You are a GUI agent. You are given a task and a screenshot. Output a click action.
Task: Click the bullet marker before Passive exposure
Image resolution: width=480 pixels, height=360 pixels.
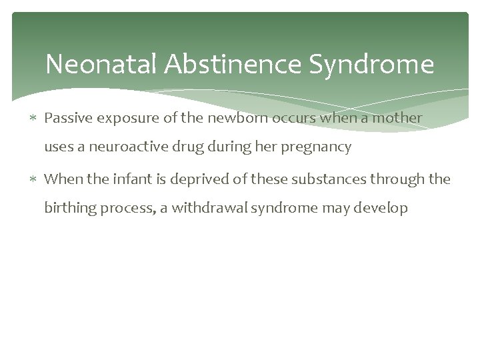[x=35, y=118]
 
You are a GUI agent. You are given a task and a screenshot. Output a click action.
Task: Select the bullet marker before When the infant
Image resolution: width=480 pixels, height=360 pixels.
[x=35, y=179]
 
